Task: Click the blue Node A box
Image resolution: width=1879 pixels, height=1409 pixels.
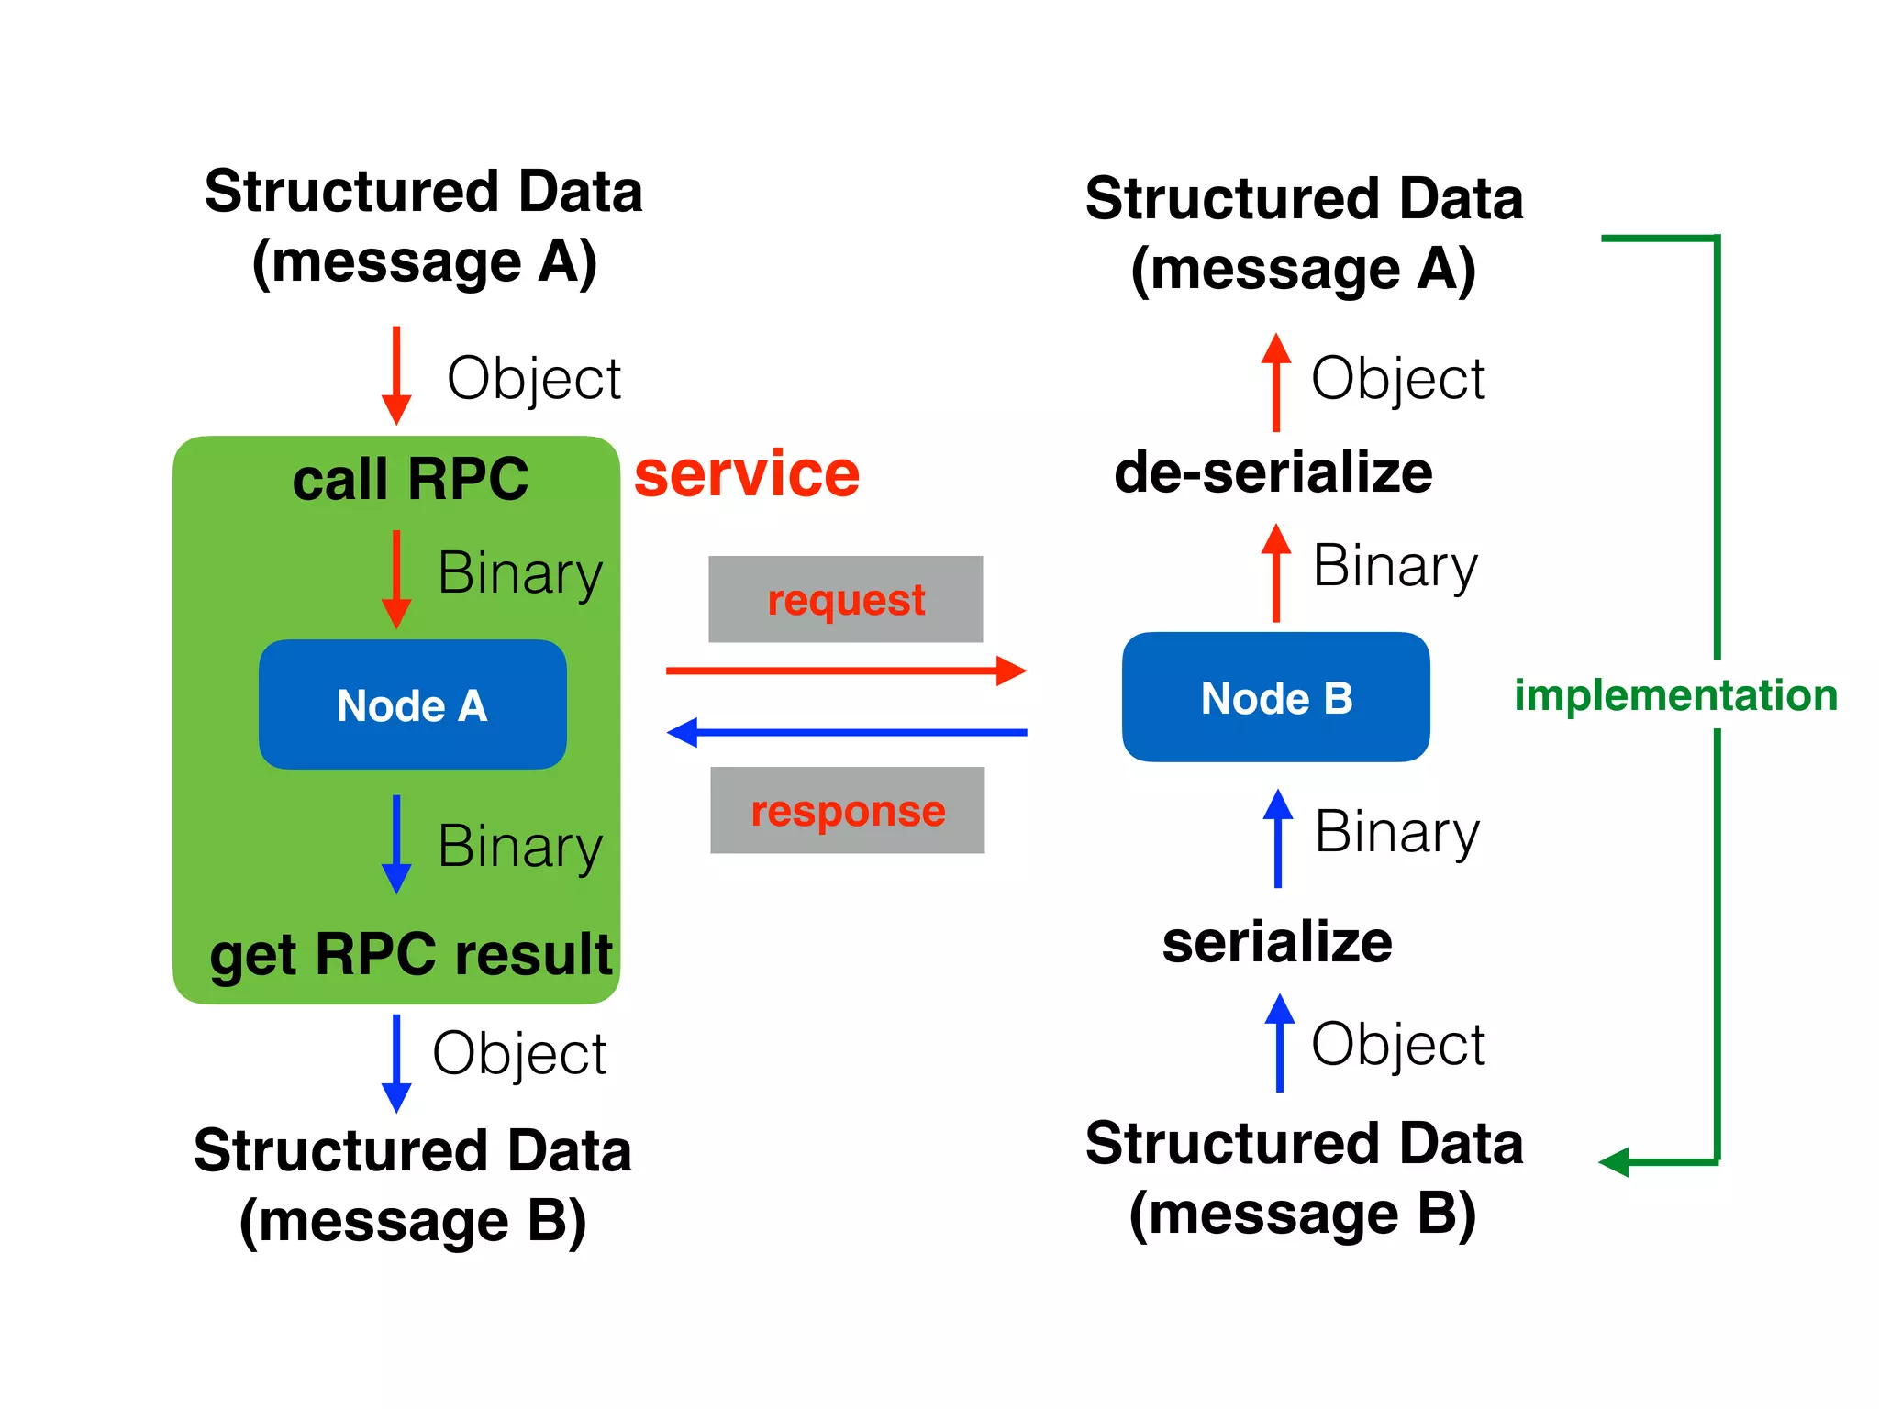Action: coord(412,704)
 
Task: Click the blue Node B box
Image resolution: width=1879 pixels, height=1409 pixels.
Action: coord(1275,697)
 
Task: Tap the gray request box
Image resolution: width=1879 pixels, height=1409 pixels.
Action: coord(845,599)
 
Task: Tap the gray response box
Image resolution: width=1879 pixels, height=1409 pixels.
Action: coord(847,810)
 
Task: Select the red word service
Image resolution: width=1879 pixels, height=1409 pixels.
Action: coord(747,474)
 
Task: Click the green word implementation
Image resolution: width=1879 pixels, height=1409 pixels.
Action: coord(1675,695)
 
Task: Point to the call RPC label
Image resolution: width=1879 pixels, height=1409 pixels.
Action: coord(410,479)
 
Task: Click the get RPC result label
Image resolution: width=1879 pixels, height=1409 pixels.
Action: coord(410,954)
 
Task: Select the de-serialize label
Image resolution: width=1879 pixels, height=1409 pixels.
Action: coord(1273,472)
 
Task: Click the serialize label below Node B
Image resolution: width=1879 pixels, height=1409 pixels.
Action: coord(1276,942)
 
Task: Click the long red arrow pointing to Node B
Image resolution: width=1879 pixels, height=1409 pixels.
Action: coord(844,671)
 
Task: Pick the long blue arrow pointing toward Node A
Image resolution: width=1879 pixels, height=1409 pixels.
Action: coord(844,732)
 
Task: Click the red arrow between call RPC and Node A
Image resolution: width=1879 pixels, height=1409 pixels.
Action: coord(396,578)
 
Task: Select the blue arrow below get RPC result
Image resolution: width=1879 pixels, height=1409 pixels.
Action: coord(396,1062)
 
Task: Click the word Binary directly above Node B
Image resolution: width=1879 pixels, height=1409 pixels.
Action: coord(1395,566)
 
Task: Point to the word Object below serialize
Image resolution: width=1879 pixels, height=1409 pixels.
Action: coord(1397,1044)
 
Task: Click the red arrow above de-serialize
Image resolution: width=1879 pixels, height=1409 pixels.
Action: coord(1275,381)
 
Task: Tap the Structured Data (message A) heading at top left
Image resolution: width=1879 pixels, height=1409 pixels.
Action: coord(424,227)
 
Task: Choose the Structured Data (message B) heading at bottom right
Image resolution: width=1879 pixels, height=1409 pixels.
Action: coord(1303,1179)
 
